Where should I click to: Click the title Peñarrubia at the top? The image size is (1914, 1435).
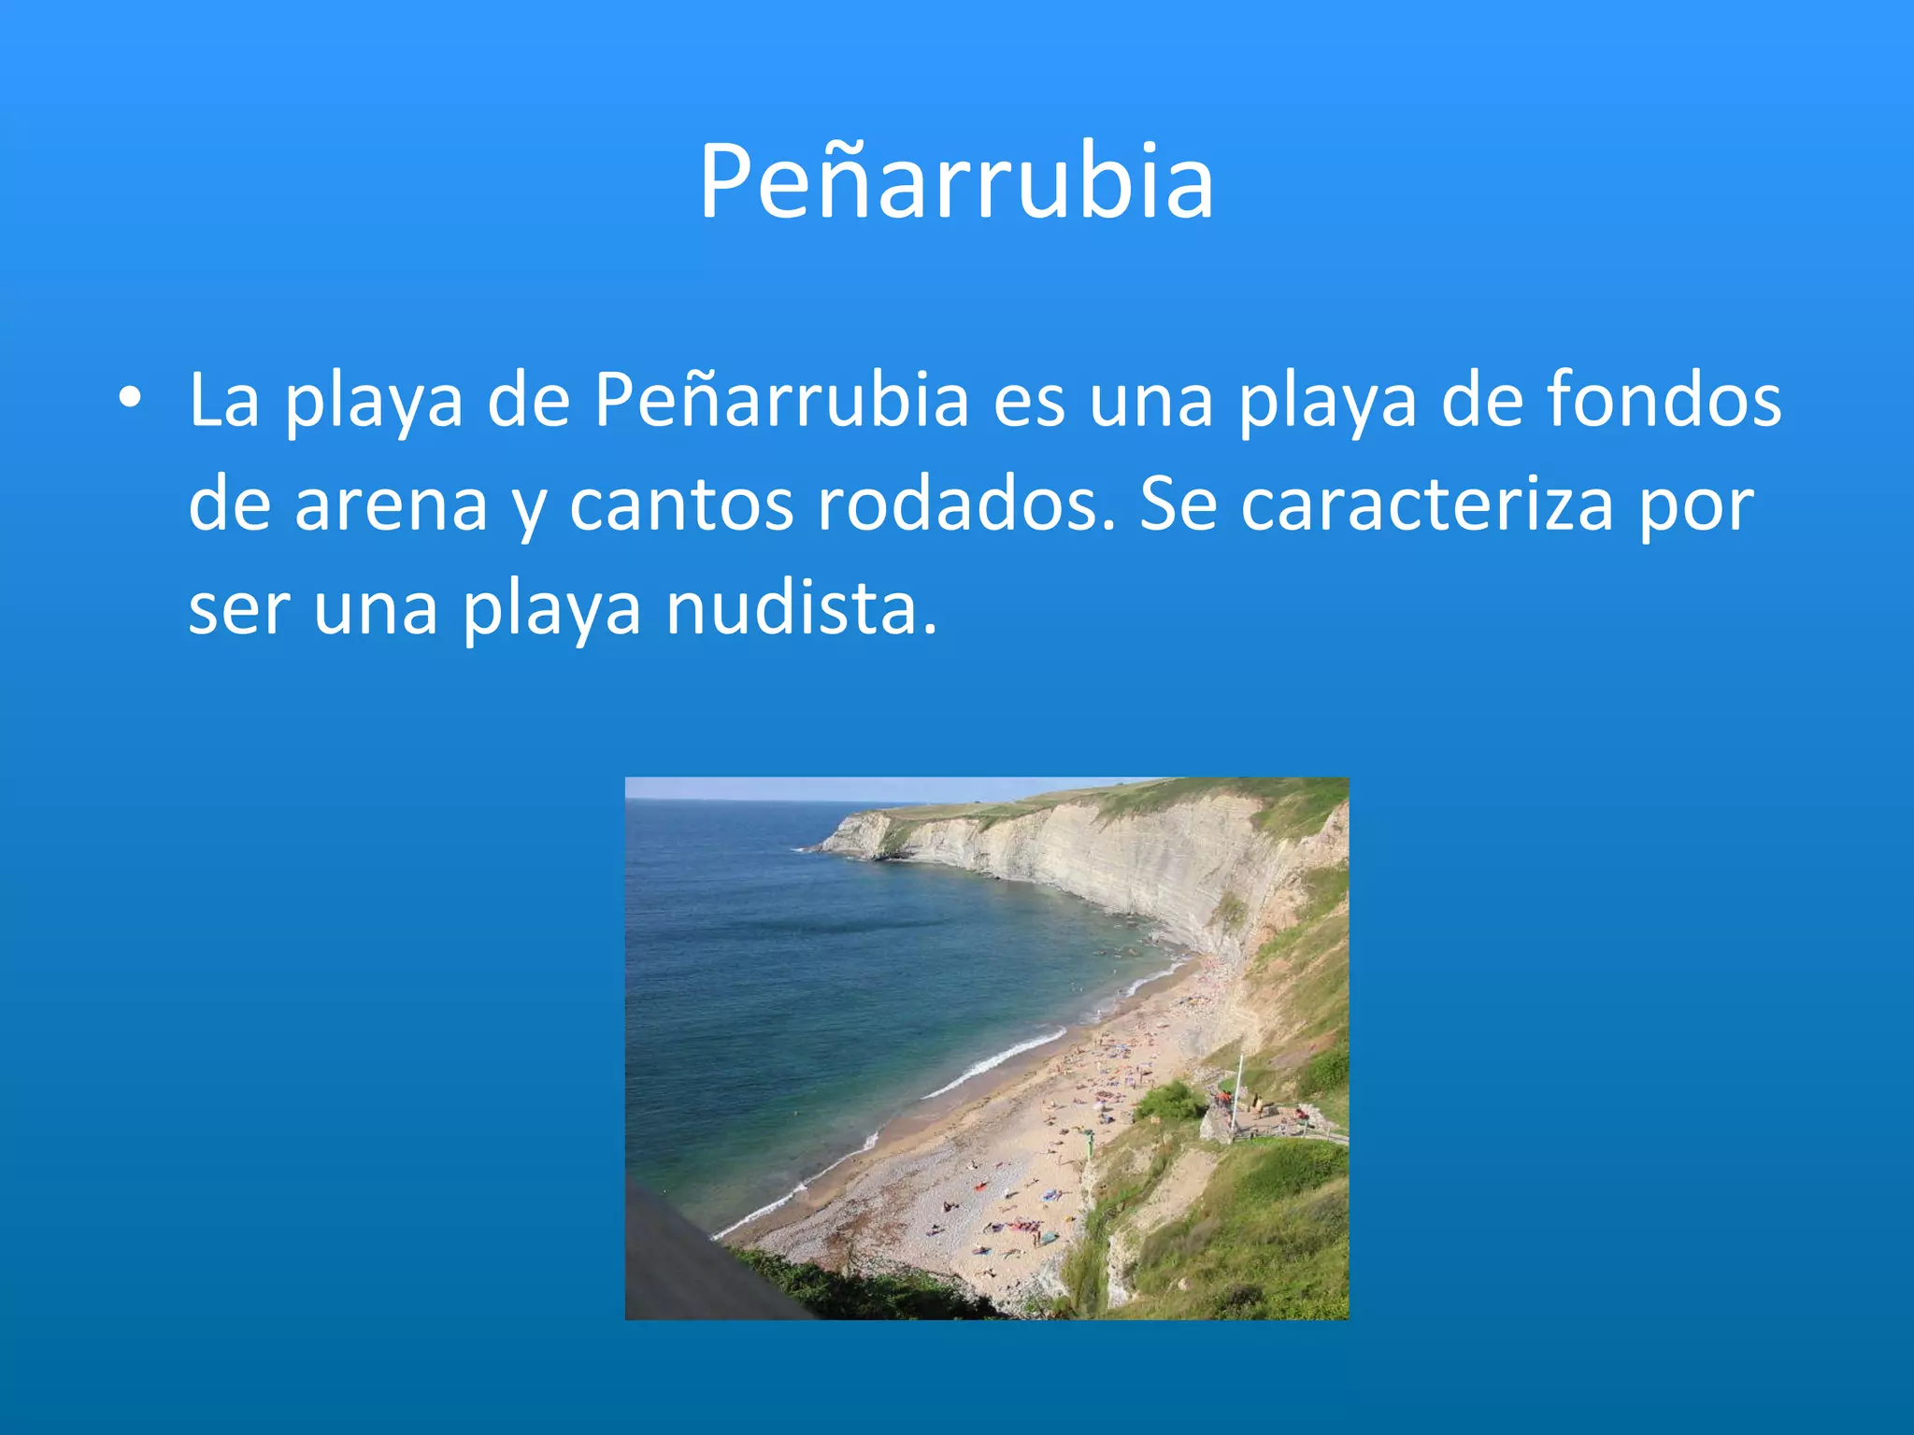(956, 181)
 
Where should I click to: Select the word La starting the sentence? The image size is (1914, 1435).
(223, 400)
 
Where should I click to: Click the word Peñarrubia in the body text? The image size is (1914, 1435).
(781, 400)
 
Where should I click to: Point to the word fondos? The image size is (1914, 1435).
(1664, 400)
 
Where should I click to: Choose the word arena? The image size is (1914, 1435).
(391, 504)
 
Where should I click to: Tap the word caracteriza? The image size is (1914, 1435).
(1427, 504)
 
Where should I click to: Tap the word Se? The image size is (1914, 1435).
(1178, 504)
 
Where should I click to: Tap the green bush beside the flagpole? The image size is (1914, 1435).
(1169, 1101)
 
